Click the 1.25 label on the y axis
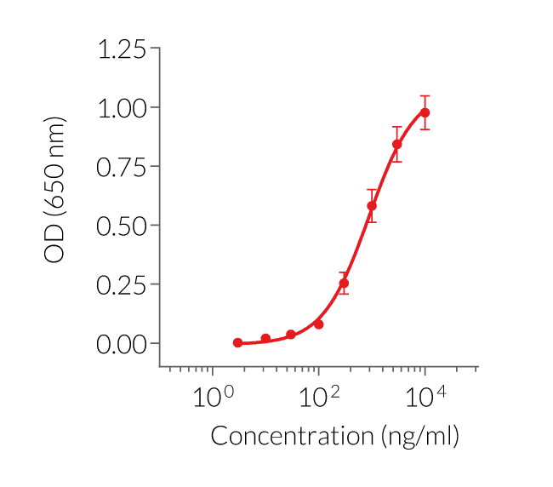122,49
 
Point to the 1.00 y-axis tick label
122,108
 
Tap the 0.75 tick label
122,167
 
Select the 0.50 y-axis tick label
122,226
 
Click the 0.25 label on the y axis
122,284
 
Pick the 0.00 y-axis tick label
122,343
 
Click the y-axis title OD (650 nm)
54,190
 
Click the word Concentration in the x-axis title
290,437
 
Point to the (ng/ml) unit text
417,438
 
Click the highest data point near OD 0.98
425,112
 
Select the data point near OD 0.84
397,144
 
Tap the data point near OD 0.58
372,206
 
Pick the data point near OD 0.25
344,283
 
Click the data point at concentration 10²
318,324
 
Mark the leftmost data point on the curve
238,343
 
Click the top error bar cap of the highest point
425,96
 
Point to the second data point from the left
265,339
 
